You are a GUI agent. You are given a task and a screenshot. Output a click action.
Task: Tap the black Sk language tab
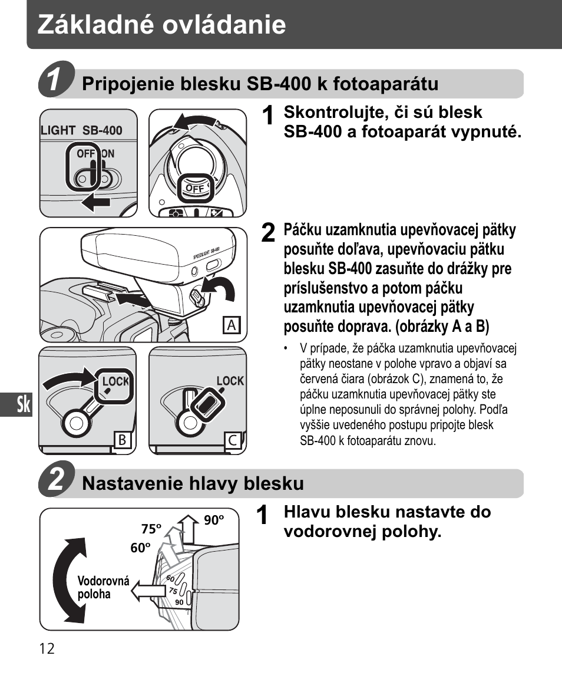point(23,406)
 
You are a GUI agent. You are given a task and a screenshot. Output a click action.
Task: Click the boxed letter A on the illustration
point(232,325)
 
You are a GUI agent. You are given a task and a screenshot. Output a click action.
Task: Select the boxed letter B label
point(122,440)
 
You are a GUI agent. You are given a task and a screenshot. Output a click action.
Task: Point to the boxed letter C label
point(233,440)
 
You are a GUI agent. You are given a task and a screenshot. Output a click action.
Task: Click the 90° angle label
point(214,520)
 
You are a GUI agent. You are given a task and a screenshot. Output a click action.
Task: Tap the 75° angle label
point(151,529)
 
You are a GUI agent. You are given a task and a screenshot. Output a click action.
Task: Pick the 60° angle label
point(140,548)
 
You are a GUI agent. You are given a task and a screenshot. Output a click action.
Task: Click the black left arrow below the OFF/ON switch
point(96,203)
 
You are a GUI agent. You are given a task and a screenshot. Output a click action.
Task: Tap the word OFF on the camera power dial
point(194,189)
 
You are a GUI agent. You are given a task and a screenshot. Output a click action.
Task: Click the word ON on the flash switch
point(108,154)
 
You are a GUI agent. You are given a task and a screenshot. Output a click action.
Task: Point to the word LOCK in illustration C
point(230,381)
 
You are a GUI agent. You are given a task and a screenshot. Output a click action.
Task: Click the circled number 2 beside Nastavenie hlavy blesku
point(57,480)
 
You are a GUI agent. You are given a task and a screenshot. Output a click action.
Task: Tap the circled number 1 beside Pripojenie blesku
point(57,80)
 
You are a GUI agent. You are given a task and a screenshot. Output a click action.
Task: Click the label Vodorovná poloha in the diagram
point(103,587)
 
